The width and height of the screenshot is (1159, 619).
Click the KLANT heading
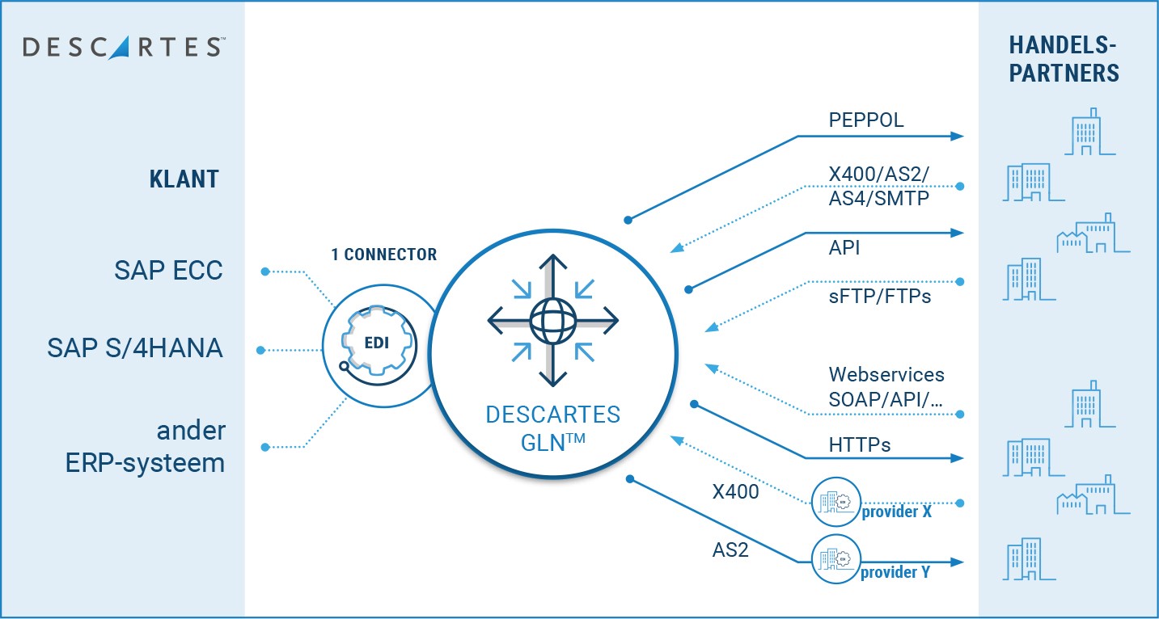tap(184, 179)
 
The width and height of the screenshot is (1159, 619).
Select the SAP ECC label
tap(168, 271)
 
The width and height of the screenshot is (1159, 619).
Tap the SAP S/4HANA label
tap(135, 348)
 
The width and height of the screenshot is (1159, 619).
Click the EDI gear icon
tap(375, 343)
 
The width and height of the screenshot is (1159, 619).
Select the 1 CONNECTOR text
tap(383, 255)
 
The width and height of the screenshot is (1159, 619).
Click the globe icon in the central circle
tap(552, 321)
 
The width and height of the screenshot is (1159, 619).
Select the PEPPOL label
tap(866, 120)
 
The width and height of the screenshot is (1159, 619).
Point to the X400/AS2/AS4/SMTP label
tap(878, 185)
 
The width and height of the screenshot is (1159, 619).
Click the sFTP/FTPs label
tap(880, 297)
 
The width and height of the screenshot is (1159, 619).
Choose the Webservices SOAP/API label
tap(886, 385)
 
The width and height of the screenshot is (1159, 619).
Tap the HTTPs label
tap(860, 444)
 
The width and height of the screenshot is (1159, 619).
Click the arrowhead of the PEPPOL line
tap(958, 136)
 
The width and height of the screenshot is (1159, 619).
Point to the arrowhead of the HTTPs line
tap(958, 458)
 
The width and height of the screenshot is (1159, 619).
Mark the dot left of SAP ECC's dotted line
tap(264, 272)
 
